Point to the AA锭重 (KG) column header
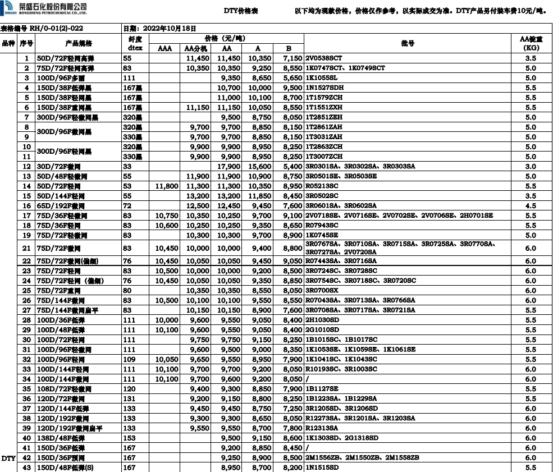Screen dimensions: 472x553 [x=530, y=43]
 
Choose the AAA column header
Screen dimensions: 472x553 [x=164, y=48]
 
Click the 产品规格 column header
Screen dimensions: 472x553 [x=79, y=43]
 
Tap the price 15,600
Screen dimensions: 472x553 [x=259, y=167]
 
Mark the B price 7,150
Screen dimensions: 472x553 [x=293, y=58]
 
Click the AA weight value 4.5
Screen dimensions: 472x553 [x=530, y=206]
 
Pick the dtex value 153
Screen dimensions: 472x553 [x=129, y=438]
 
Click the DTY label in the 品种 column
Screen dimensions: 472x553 [x=8, y=459]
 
